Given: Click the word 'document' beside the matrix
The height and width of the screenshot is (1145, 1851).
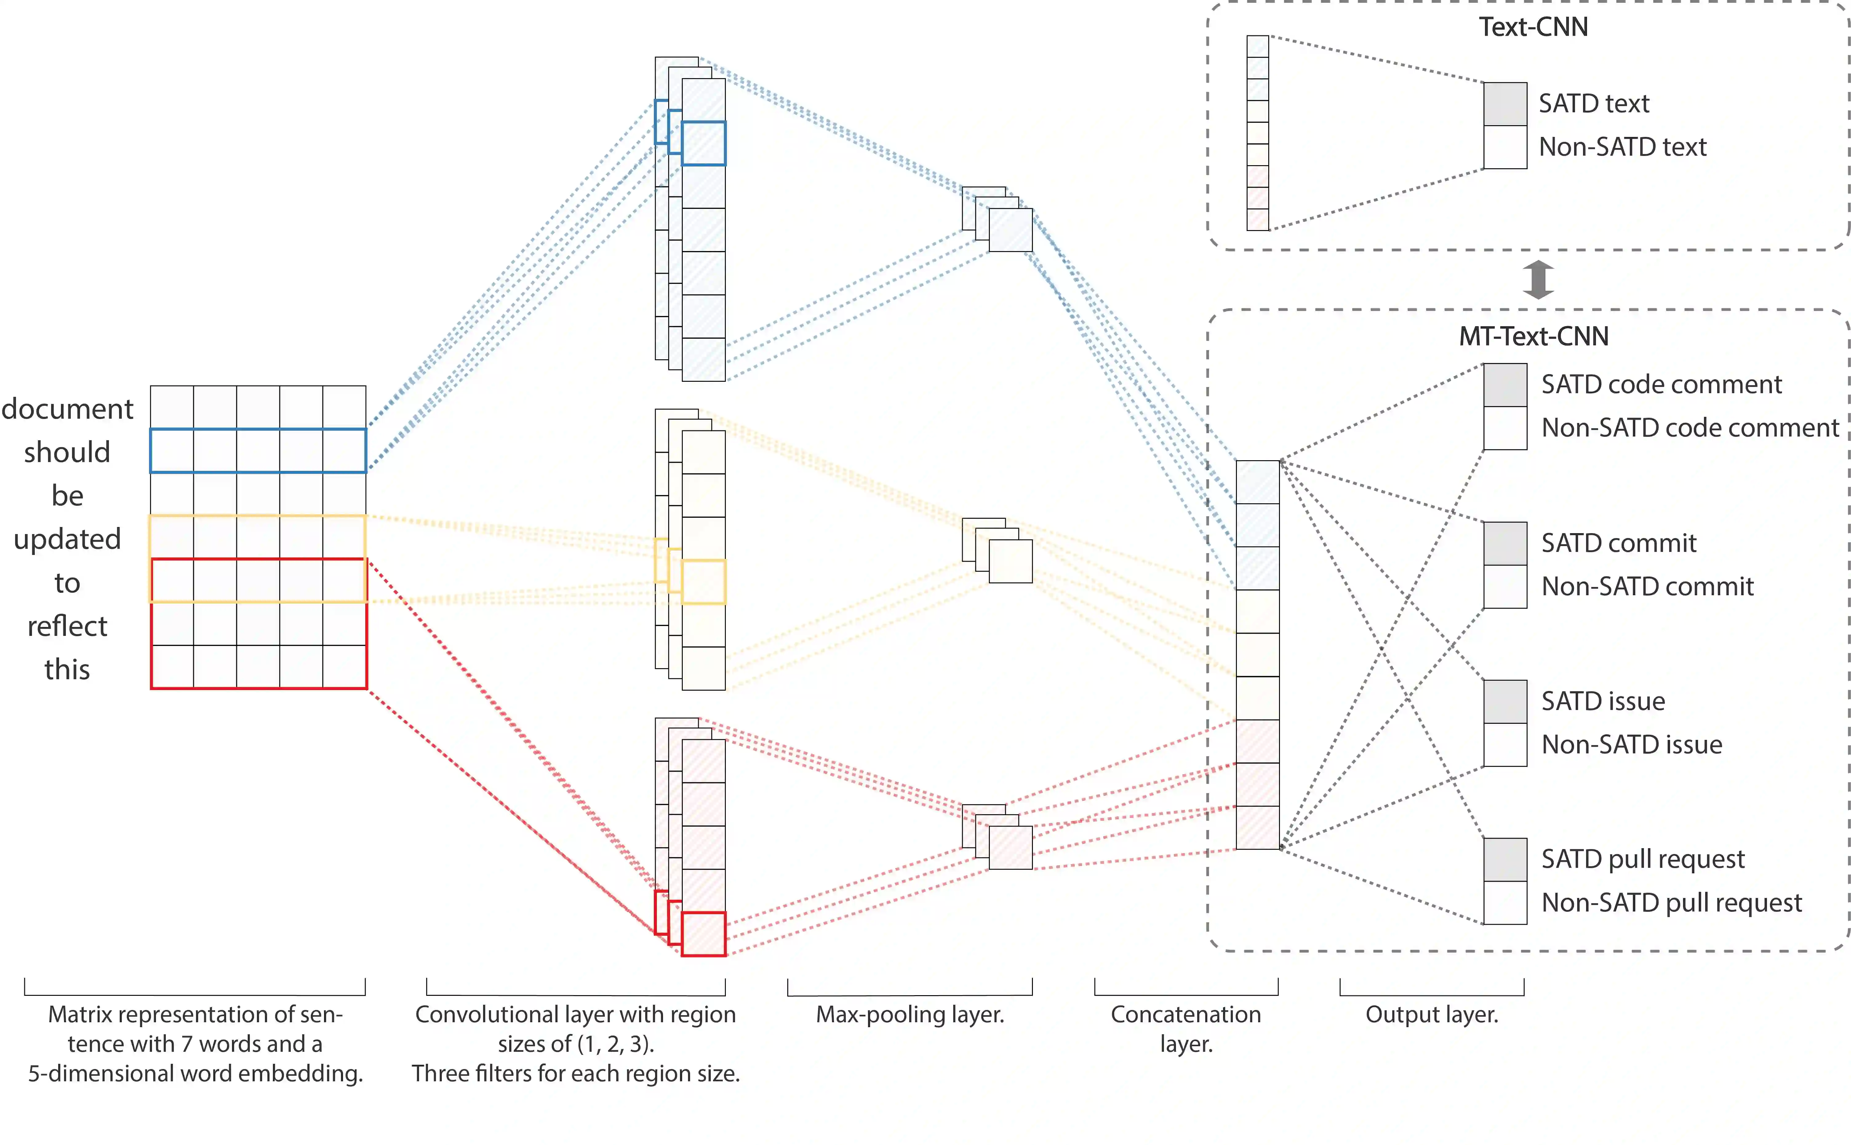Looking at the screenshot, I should point(67,409).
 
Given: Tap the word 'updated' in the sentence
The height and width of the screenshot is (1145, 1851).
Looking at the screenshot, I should point(67,539).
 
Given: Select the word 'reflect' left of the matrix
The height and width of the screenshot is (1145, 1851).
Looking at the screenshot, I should point(67,626).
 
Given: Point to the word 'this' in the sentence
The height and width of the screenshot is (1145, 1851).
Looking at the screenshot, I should point(67,669).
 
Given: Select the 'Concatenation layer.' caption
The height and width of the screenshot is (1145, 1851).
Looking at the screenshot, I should point(1186,1028).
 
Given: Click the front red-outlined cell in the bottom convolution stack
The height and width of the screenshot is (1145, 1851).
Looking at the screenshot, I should point(704,934).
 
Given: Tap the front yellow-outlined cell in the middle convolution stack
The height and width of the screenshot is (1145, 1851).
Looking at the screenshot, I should point(704,582).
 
